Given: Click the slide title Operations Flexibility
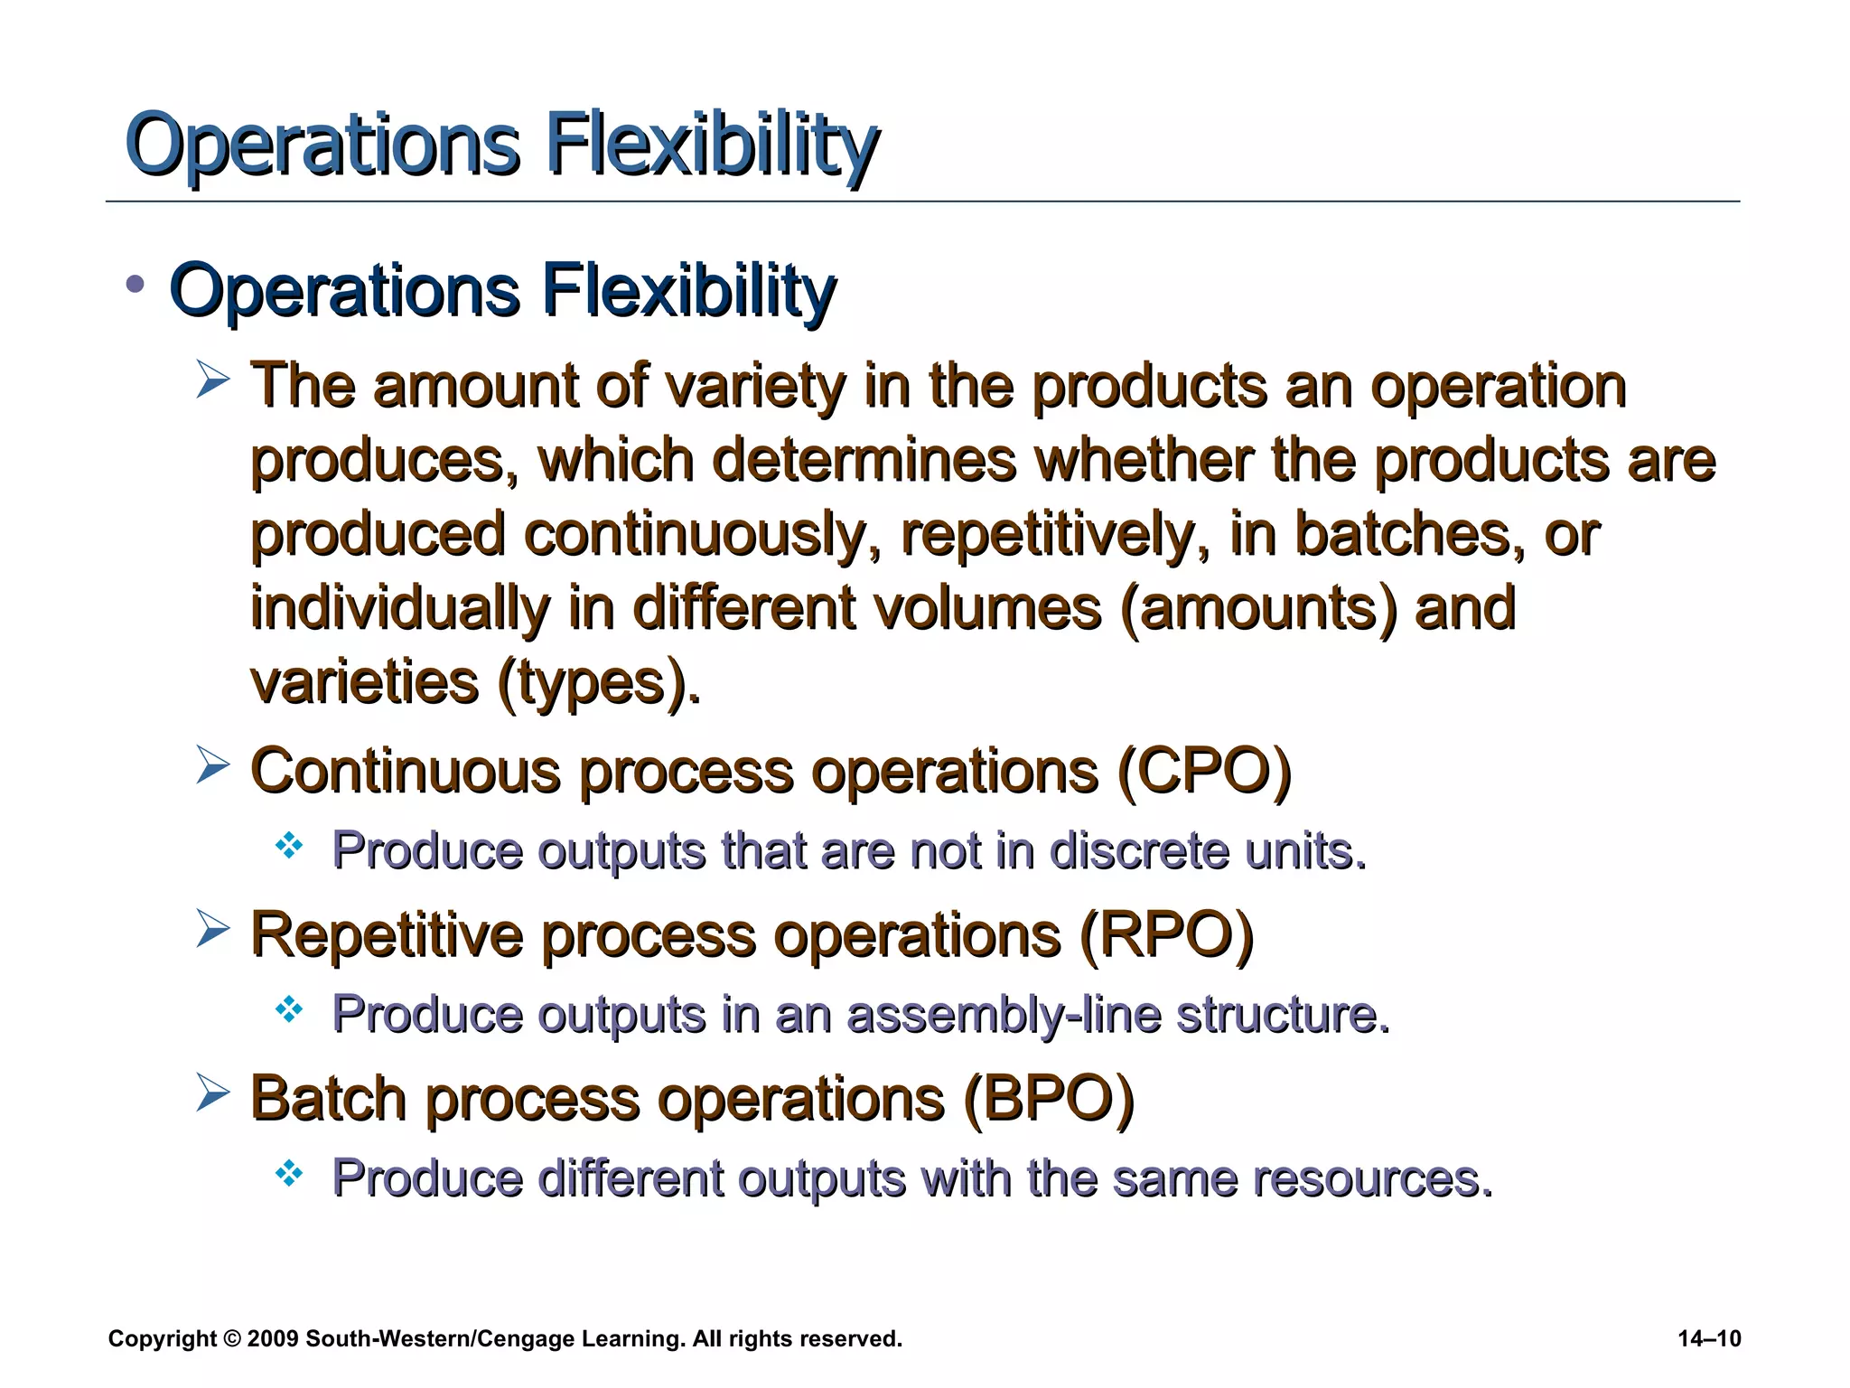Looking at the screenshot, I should (x=501, y=145).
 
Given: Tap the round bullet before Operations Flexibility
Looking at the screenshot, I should (x=135, y=286).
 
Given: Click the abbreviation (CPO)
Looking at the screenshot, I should (x=1204, y=772).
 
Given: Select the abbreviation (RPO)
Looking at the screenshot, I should (x=1166, y=935).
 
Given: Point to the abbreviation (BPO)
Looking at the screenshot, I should (x=1048, y=1100).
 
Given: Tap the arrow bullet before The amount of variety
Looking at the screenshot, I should (x=212, y=381).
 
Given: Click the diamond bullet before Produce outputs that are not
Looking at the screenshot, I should (x=289, y=846).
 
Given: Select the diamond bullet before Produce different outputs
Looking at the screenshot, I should (x=289, y=1174).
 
